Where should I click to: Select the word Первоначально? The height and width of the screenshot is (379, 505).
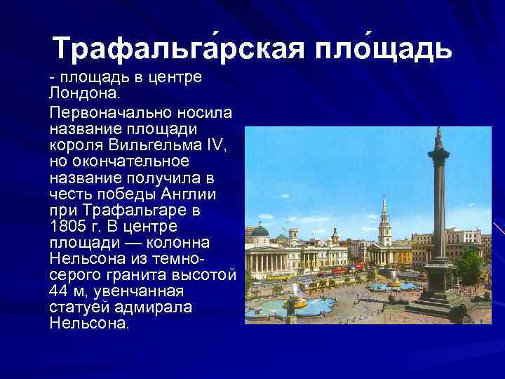[x=98, y=114]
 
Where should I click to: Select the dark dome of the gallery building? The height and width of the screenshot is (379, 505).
[x=260, y=230]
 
